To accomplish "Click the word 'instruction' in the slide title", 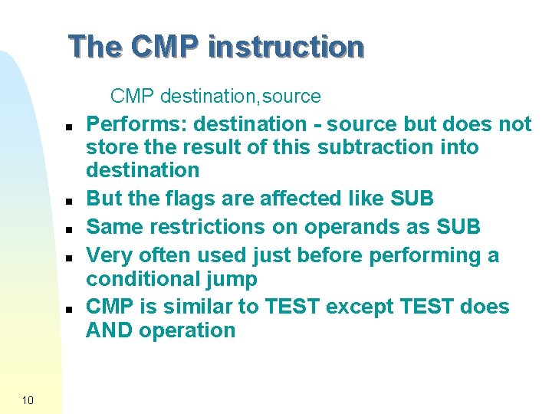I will (285, 47).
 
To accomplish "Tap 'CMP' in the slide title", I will (165, 47).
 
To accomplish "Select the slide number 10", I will (28, 400).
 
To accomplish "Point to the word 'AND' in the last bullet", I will (107, 330).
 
